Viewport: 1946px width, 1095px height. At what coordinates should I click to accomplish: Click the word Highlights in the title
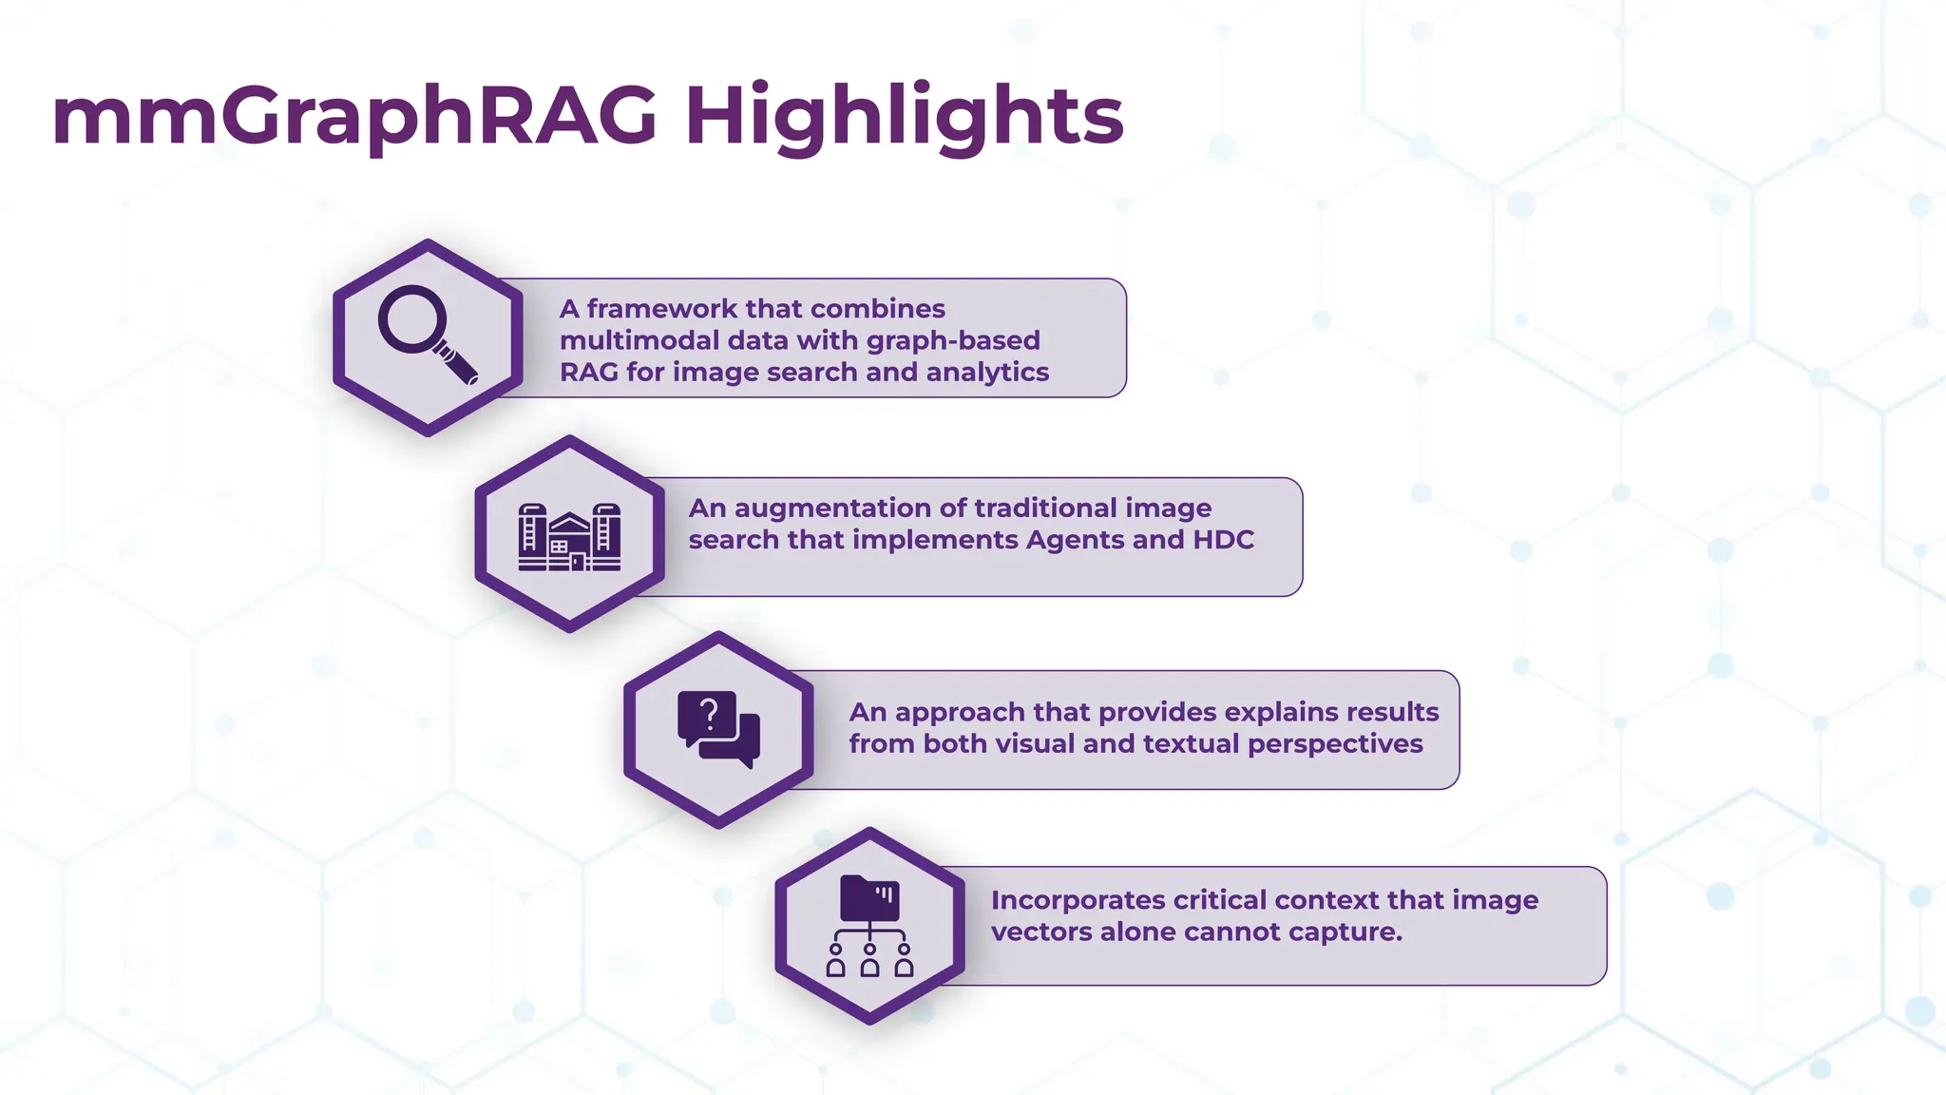pyautogui.click(x=904, y=116)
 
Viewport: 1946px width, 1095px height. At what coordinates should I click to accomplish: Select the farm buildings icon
pyautogui.click(x=569, y=537)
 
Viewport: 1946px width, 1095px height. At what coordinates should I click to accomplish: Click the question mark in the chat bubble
pyautogui.click(x=709, y=714)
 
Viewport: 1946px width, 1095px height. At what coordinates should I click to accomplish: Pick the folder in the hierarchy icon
pyautogui.click(x=869, y=897)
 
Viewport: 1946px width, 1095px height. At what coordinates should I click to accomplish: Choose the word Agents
pyautogui.click(x=1076, y=540)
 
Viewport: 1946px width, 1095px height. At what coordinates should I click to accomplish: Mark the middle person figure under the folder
pyautogui.click(x=869, y=962)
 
